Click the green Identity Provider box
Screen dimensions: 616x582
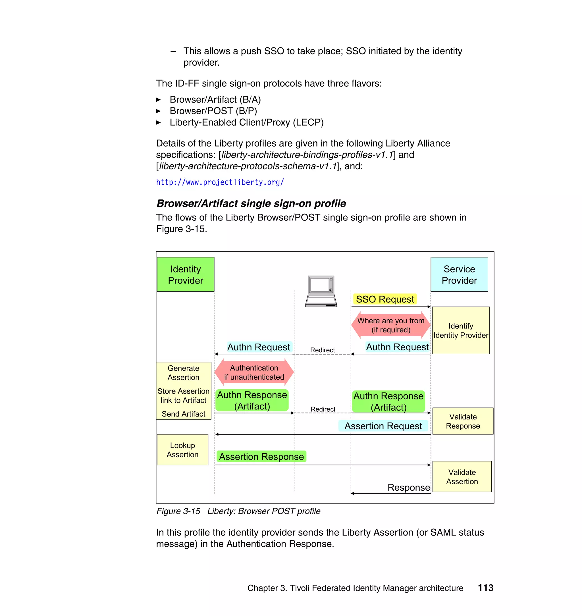(186, 274)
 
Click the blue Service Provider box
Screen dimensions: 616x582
(459, 274)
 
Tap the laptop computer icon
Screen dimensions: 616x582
(321, 291)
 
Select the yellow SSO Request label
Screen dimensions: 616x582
(385, 299)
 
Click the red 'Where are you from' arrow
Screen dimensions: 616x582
(390, 325)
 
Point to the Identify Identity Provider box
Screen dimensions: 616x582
(461, 330)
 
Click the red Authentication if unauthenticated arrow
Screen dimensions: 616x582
(254, 372)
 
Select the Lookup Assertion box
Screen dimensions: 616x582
(182, 450)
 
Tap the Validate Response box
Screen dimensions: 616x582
(463, 421)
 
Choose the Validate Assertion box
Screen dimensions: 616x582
(462, 477)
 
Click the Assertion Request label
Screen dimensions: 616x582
(383, 426)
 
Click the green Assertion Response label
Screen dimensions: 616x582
(261, 457)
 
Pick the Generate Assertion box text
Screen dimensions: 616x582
(183, 372)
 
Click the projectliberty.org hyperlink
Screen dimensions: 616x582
(220, 182)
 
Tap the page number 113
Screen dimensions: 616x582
(485, 588)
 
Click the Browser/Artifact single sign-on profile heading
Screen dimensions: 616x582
(251, 203)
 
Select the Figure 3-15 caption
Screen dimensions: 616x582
(238, 511)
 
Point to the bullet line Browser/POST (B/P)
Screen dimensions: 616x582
(213, 111)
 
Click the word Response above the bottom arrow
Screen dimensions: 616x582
(409, 487)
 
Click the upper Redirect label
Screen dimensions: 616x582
(322, 350)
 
